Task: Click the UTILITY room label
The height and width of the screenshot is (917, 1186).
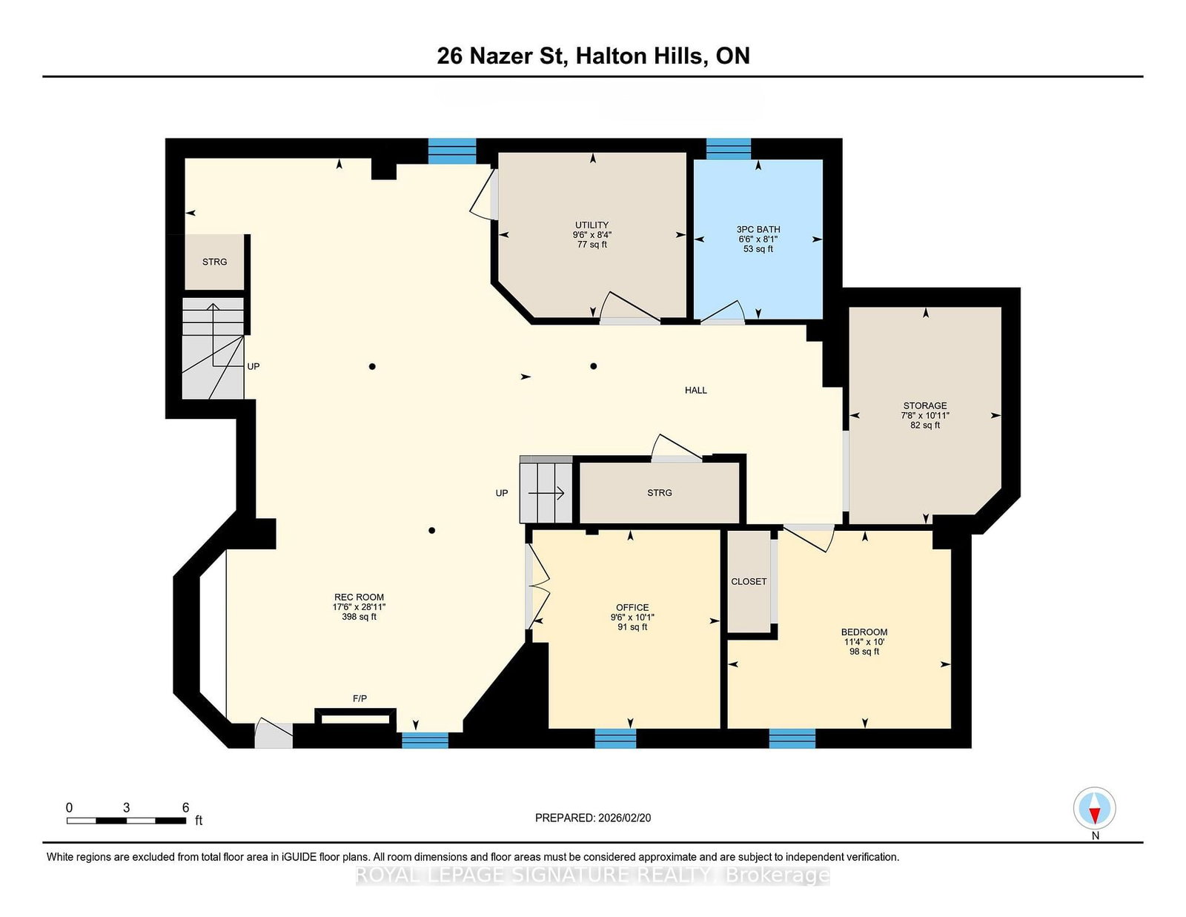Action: coord(592,225)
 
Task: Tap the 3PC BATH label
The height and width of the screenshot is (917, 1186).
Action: coord(758,230)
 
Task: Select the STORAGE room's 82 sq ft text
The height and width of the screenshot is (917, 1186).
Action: coord(925,426)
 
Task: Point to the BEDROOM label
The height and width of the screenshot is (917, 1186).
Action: coord(864,632)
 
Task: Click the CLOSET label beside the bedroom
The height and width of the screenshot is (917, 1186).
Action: coord(749,582)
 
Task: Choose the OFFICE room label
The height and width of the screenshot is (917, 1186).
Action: coord(632,608)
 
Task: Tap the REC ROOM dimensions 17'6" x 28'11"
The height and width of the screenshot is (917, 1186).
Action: coord(359,607)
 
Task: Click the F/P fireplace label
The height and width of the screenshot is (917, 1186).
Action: coord(360,699)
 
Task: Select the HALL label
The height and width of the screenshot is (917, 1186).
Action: coord(695,391)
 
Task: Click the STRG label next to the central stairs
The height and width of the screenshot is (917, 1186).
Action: coord(659,493)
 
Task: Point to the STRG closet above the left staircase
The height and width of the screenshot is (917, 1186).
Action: coord(214,262)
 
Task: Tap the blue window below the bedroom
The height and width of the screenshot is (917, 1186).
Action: coord(792,738)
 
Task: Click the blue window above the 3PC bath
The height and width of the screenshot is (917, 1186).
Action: coord(728,149)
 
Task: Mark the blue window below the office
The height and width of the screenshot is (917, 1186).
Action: coord(615,738)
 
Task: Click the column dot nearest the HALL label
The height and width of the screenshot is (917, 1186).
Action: coord(594,366)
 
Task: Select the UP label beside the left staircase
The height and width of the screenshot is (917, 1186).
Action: coord(254,367)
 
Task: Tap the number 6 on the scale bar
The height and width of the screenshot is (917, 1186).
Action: coord(185,808)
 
